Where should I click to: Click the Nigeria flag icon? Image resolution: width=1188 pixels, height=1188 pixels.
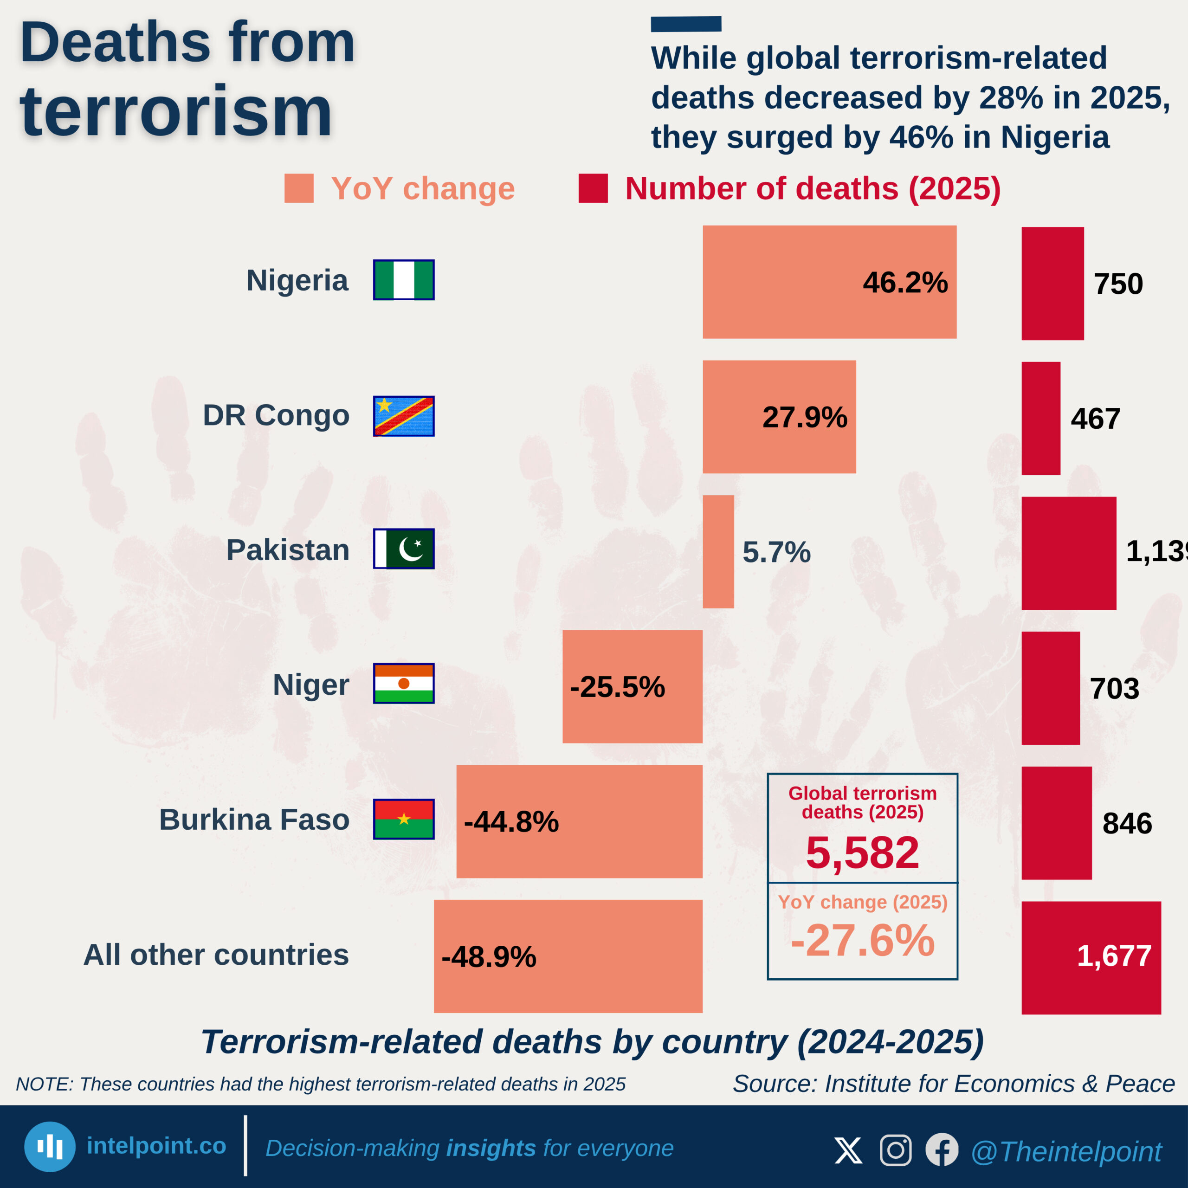point(403,280)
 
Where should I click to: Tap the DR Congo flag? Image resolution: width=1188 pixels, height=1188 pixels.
point(403,416)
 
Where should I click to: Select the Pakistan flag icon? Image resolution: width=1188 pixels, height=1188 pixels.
point(403,549)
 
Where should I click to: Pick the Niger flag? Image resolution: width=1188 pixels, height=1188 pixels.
point(403,683)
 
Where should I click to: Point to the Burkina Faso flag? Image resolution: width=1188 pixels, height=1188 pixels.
point(403,819)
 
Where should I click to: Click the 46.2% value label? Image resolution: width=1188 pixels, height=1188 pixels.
point(904,283)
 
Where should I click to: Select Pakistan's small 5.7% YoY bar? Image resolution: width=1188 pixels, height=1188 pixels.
point(718,552)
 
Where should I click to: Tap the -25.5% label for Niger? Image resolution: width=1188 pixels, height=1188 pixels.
point(617,687)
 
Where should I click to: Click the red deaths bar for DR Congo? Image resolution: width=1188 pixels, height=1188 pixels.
point(1040,418)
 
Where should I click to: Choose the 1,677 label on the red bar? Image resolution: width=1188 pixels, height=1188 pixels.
point(1114,956)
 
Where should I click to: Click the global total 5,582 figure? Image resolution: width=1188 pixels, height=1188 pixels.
point(862,853)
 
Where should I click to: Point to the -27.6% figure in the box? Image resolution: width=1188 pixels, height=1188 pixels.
point(862,941)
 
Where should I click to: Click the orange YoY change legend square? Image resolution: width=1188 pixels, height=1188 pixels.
point(299,188)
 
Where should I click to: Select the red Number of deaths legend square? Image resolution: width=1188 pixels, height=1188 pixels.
point(593,188)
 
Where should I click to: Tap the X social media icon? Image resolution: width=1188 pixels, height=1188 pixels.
point(848,1150)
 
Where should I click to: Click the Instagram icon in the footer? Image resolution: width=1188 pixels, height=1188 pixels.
point(895,1150)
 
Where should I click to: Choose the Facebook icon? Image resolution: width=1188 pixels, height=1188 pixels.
point(942,1150)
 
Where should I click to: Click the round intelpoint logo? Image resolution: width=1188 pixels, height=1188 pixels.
point(50,1147)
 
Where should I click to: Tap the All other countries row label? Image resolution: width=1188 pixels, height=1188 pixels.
point(216,955)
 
